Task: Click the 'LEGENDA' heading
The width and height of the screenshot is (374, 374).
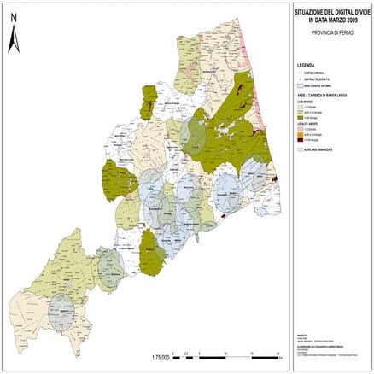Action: pos(306,65)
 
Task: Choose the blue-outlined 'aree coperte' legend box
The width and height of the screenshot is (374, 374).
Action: pos(299,86)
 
